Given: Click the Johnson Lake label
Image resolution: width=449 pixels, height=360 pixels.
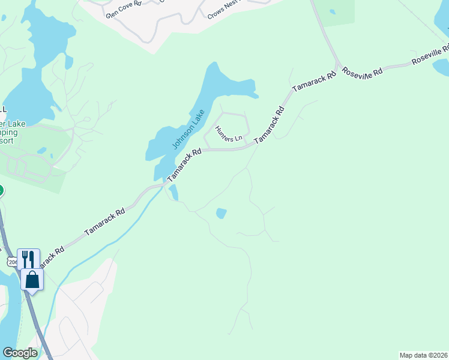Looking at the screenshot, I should pyautogui.click(x=188, y=129).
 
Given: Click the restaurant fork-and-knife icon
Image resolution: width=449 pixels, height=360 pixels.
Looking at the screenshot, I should pyautogui.click(x=28, y=259).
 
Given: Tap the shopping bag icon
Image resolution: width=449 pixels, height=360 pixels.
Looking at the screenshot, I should pyautogui.click(x=32, y=279).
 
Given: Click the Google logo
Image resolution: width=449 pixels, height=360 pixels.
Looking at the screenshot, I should pyautogui.click(x=20, y=353).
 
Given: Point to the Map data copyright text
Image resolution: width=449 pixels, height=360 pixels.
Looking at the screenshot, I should pyautogui.click(x=423, y=355).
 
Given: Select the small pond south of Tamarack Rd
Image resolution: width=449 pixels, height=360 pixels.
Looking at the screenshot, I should pyautogui.click(x=221, y=213).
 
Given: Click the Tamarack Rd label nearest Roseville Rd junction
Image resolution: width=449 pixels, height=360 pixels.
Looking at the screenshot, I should pyautogui.click(x=313, y=83).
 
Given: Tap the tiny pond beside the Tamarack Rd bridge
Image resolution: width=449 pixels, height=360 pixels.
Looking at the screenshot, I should pyautogui.click(x=173, y=193).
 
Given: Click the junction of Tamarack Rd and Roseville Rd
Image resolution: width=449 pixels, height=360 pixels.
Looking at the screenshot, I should pyautogui.click(x=339, y=66).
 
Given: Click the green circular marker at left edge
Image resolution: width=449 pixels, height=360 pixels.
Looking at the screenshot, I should pyautogui.click(x=1, y=191).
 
